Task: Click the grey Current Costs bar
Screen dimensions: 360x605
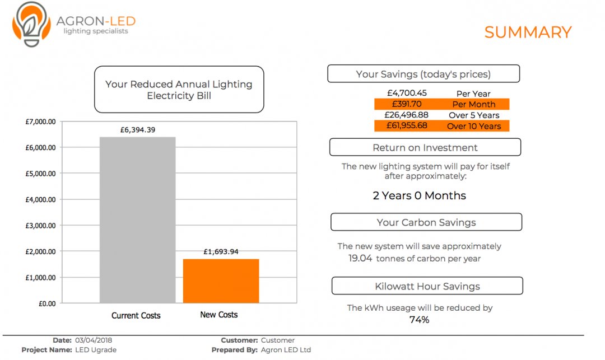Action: [137, 220]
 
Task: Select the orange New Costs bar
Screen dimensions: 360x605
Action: [221, 281]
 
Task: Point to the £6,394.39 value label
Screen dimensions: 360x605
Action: [138, 130]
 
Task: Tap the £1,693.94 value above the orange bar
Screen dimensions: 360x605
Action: [221, 252]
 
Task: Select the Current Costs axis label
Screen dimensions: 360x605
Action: [136, 316]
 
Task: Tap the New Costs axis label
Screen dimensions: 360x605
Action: [219, 315]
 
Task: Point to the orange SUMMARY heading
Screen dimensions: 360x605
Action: [528, 32]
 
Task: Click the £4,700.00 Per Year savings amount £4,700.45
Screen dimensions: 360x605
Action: [407, 93]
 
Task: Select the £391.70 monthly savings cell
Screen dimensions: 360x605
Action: [407, 104]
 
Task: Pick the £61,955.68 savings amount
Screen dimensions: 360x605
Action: [407, 125]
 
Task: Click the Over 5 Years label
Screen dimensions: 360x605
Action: [474, 115]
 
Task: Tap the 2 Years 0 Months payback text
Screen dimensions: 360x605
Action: [419, 196]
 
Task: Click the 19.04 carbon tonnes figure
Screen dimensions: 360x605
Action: [360, 259]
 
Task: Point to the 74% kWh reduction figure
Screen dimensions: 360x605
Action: [419, 320]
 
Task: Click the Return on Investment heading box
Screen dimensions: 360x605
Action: [425, 148]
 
